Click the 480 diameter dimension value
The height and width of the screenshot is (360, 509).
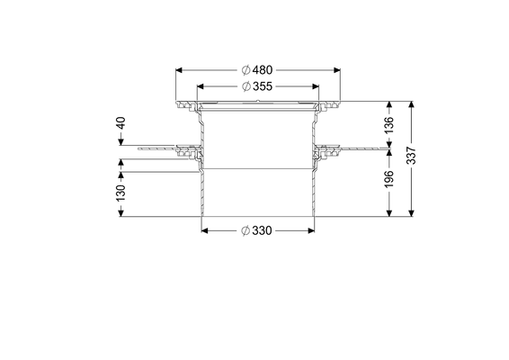[x=263, y=70]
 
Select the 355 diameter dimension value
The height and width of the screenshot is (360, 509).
[x=263, y=86]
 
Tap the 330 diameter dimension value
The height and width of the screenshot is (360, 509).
[x=262, y=230]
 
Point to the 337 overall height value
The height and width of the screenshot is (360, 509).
[x=411, y=156]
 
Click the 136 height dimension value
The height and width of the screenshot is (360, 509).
[x=388, y=124]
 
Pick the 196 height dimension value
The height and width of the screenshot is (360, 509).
[x=388, y=179]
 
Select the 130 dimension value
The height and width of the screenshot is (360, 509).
[x=121, y=193]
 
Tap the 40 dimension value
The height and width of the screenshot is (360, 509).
[x=121, y=123]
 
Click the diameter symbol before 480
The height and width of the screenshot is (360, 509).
[x=246, y=70]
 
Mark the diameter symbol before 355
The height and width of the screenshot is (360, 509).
[x=246, y=86]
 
